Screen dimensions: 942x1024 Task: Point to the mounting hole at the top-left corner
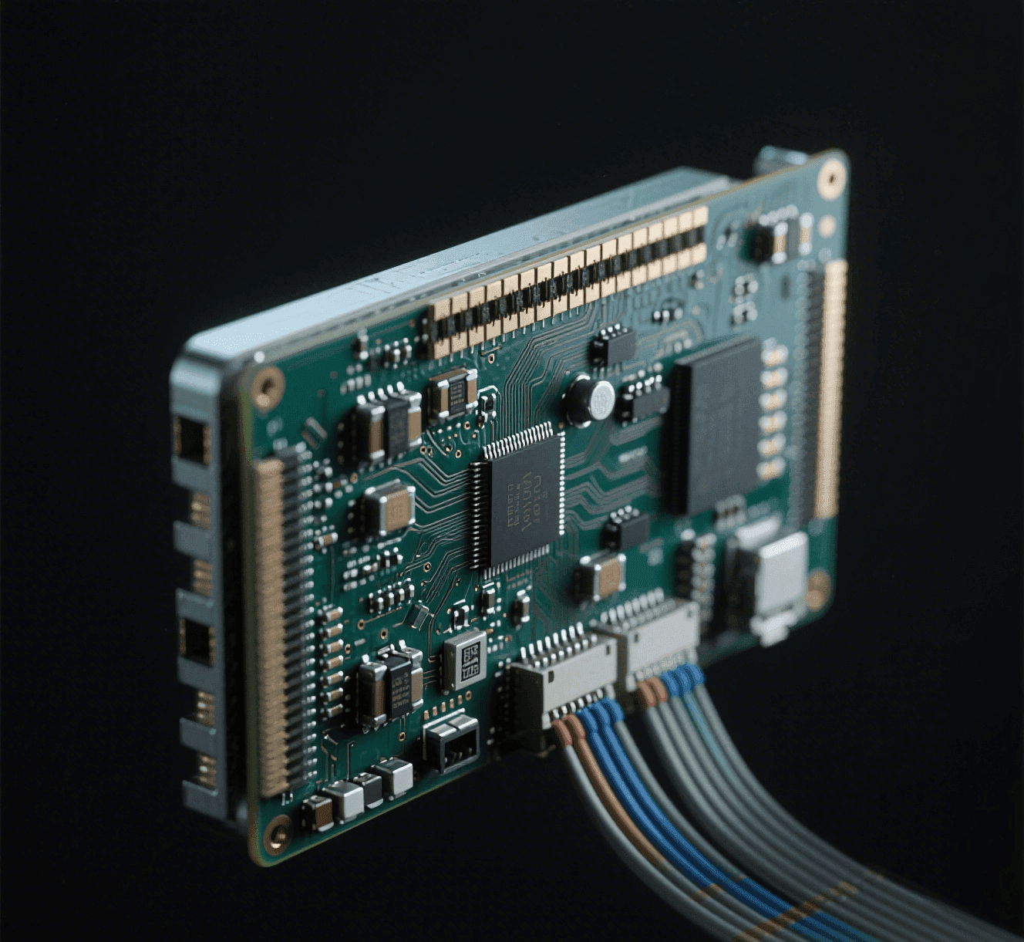click(x=268, y=383)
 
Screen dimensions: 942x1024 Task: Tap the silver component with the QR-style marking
click(x=466, y=661)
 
